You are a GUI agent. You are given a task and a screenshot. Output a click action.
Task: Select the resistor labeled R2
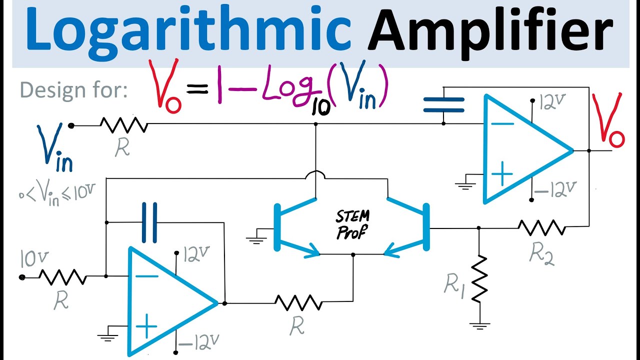(541, 228)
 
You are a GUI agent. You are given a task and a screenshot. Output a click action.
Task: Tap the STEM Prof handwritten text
(353, 224)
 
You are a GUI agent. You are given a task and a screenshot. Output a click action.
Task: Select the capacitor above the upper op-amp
(443, 105)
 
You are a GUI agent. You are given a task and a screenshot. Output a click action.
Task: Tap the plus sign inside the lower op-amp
(147, 328)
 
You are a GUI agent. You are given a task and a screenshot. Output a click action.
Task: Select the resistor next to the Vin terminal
(123, 125)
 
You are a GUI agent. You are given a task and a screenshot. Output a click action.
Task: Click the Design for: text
(73, 90)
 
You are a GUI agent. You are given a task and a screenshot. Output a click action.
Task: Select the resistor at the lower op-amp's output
(298, 302)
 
